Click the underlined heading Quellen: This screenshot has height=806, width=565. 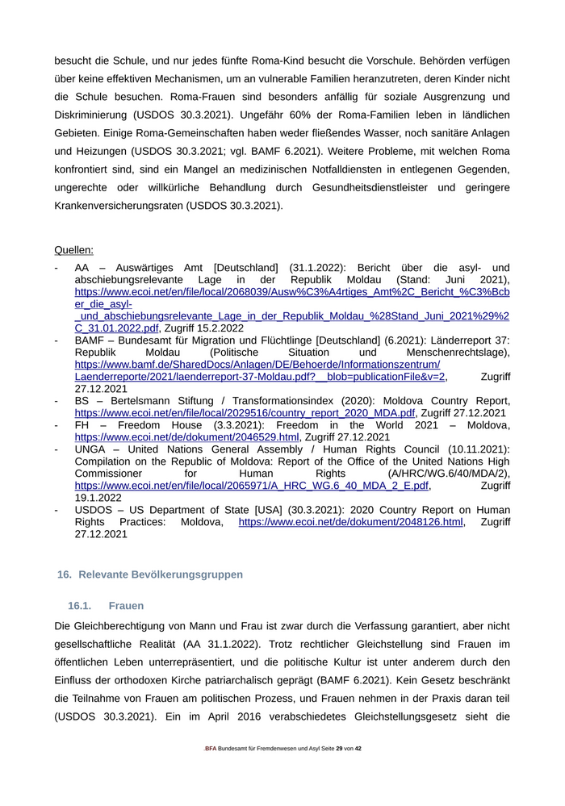tap(73, 250)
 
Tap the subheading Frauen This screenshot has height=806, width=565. tap(126, 605)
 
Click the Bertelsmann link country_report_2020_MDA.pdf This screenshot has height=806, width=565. tap(245, 413)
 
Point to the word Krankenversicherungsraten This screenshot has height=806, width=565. tap(118, 205)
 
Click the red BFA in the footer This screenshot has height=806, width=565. tap(210, 749)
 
